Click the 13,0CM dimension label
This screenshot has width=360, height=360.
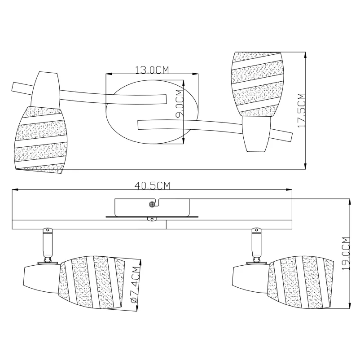(x=152, y=70)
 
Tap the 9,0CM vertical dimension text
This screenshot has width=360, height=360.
(x=180, y=103)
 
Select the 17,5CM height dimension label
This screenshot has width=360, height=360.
(x=301, y=110)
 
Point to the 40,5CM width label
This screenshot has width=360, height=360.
(x=152, y=185)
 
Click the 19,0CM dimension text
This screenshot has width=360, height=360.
(x=346, y=254)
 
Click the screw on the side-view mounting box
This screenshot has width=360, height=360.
(x=152, y=204)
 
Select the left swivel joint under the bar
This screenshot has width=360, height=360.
(x=47, y=246)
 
